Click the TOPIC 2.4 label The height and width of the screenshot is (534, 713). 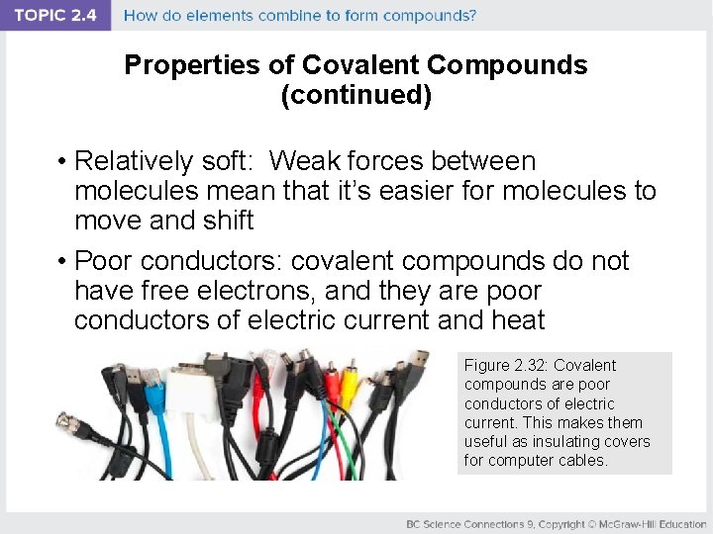55,16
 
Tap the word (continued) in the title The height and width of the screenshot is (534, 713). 356,97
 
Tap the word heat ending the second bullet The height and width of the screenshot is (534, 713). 518,320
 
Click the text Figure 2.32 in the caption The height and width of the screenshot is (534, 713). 503,366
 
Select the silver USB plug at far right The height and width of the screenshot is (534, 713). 420,361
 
